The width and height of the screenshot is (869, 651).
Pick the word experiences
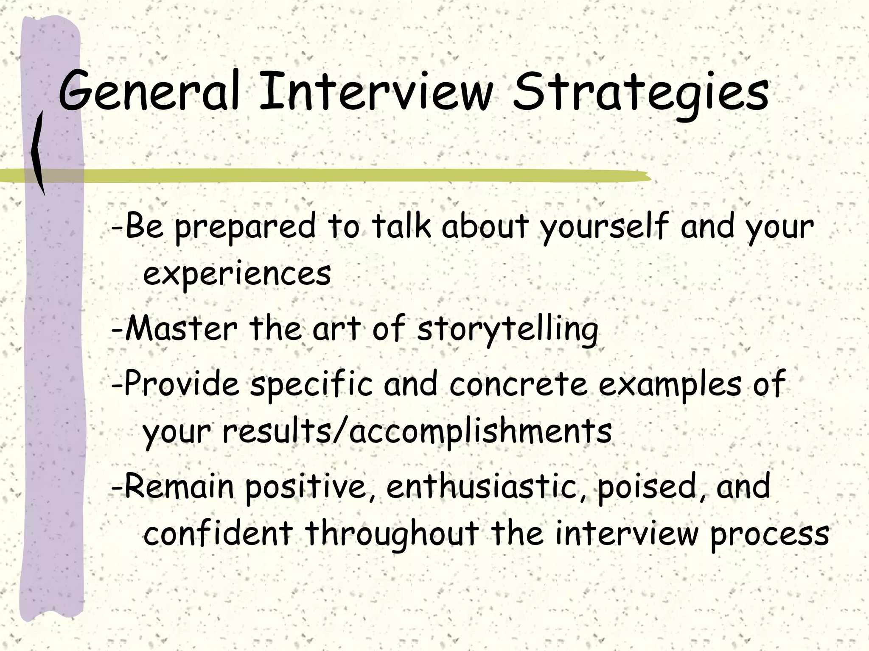tap(237, 273)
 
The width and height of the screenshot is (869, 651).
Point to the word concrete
tap(518, 384)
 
